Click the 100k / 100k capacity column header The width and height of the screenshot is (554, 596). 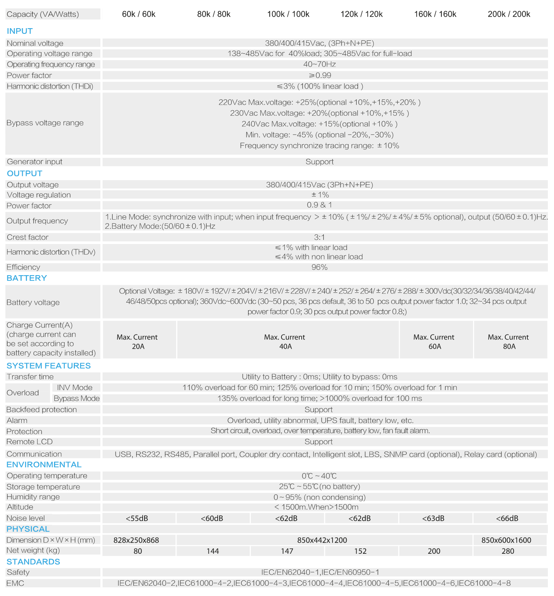click(288, 14)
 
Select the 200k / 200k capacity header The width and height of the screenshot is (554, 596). click(509, 14)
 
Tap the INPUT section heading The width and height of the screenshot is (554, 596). click(20, 31)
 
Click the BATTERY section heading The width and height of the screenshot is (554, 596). click(27, 278)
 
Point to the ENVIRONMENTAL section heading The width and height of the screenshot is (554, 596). click(44, 465)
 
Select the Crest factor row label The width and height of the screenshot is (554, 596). click(28, 237)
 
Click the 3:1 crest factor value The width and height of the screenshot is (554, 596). click(320, 237)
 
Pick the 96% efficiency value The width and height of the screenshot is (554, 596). click(320, 267)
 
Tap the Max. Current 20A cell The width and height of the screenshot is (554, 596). click(138, 342)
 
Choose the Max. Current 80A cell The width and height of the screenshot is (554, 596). click(509, 342)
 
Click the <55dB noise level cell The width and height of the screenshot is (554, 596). click(137, 518)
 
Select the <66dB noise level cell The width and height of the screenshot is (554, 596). click(507, 518)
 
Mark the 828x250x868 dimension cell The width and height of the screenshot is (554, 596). click(136, 540)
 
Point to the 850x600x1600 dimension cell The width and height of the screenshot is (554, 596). click(506, 540)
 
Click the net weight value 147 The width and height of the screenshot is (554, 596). click(287, 551)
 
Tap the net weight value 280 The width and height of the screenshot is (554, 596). click(508, 551)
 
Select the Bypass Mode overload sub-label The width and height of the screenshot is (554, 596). click(76, 398)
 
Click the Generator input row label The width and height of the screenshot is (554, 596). click(35, 162)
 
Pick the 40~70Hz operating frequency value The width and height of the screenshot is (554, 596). click(320, 64)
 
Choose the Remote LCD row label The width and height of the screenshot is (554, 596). click(30, 442)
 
